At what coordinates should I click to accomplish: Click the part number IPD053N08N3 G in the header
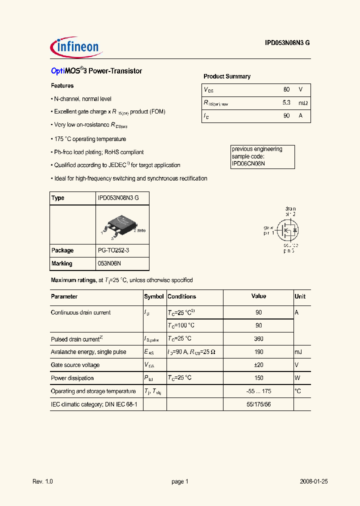point(287,43)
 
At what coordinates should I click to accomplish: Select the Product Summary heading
point(227,76)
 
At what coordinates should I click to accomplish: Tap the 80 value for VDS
point(286,89)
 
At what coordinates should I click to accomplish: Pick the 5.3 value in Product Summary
point(286,102)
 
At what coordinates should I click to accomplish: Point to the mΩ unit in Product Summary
point(303,102)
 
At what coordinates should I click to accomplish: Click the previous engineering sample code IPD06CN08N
point(248,163)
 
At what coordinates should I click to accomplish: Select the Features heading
point(62,86)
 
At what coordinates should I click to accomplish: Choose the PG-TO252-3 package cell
point(116,250)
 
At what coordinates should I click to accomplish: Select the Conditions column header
point(181,296)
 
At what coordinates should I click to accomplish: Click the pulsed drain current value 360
point(258,339)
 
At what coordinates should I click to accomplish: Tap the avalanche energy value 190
point(258,352)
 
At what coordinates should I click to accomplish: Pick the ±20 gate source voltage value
point(258,365)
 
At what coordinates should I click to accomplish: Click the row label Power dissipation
point(72,378)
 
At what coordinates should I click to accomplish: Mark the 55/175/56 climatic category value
point(258,404)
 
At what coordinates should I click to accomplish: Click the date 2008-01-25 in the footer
point(313,481)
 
